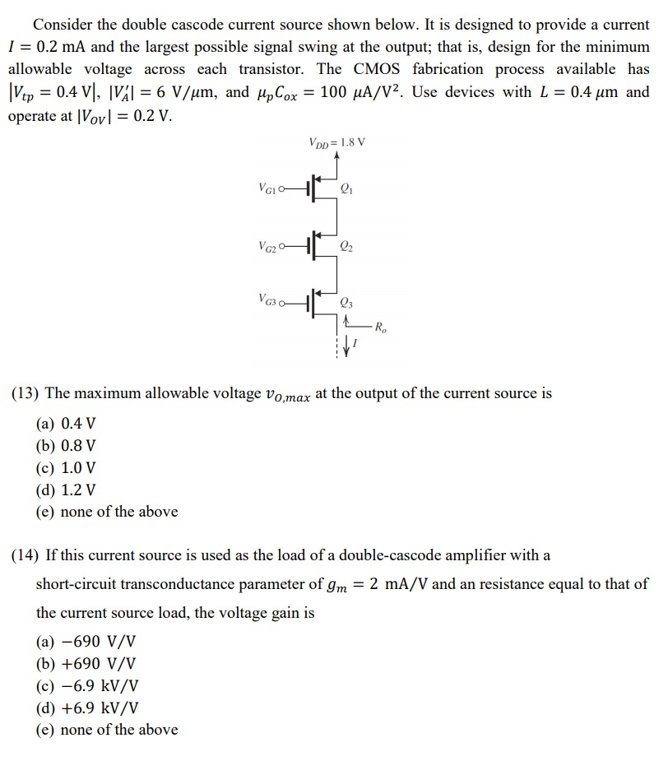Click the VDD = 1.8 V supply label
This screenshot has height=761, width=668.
tap(337, 142)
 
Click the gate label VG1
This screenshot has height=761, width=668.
tap(267, 188)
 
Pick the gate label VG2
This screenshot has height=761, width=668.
tap(267, 244)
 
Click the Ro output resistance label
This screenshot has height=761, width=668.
tap(380, 327)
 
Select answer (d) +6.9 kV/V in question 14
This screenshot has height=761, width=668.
tap(88, 707)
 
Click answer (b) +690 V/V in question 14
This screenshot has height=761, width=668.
tap(86, 663)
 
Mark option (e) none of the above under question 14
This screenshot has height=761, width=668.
tap(107, 729)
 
